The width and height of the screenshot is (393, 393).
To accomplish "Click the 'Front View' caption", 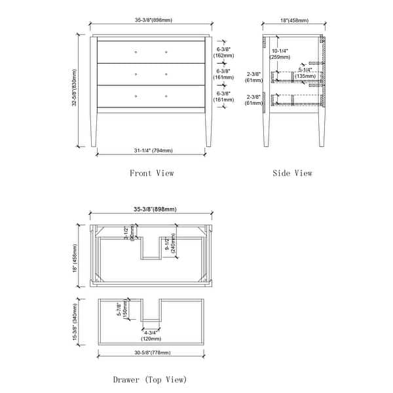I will pyautogui.click(x=151, y=173).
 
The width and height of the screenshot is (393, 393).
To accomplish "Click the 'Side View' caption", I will pyautogui.click(x=292, y=173).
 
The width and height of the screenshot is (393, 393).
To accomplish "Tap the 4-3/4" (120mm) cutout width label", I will pyautogui.click(x=151, y=335).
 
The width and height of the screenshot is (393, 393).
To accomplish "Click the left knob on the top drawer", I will pyautogui.click(x=136, y=52).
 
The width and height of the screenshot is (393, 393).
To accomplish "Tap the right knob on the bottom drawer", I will pyautogui.click(x=166, y=96).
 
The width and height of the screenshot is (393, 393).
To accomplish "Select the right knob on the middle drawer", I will pyautogui.click(x=166, y=74).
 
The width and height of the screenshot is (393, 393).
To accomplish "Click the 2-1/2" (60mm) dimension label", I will pyautogui.click(x=129, y=233).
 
